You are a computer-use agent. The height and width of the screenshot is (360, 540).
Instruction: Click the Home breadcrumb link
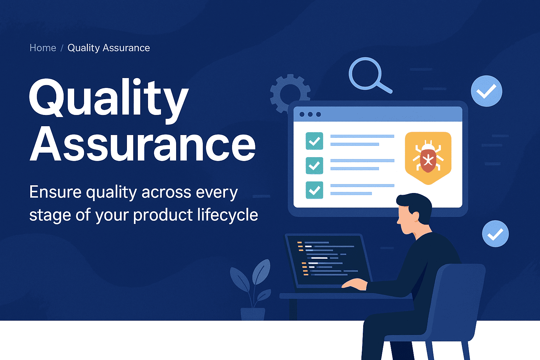pos(43,48)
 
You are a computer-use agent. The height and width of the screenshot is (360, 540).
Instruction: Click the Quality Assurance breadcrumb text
pos(109,48)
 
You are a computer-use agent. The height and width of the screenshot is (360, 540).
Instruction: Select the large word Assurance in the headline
pos(142,144)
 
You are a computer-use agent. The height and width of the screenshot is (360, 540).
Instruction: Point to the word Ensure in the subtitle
pos(55,192)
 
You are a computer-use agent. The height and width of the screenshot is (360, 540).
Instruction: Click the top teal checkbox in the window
pos(314,141)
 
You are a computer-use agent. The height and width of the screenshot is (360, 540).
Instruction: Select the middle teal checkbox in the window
pos(314,165)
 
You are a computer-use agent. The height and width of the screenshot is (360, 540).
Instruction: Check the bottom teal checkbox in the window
pos(314,190)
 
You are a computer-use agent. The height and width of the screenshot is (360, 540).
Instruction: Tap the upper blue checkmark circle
pos(486,91)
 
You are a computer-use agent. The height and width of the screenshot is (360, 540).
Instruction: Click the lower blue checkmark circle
pos(495,234)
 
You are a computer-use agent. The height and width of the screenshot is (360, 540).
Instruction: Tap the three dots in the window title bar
pos(310,114)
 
